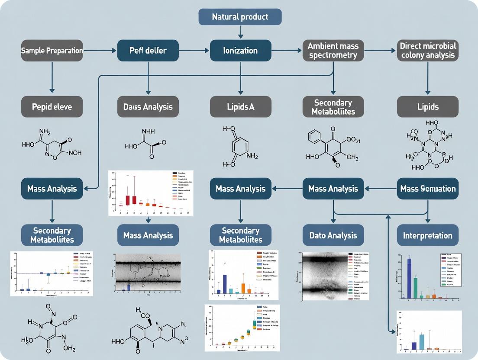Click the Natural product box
240,17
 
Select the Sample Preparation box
52,51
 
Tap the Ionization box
240,51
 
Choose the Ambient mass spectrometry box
333,51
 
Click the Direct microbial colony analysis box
427,51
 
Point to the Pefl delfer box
148,51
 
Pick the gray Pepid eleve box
52,106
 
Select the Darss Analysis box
148,106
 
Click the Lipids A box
240,106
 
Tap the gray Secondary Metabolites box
333,106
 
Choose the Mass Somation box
427,189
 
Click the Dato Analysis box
333,235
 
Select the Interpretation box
427,235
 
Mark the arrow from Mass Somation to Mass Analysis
381,189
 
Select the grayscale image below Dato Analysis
323,275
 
